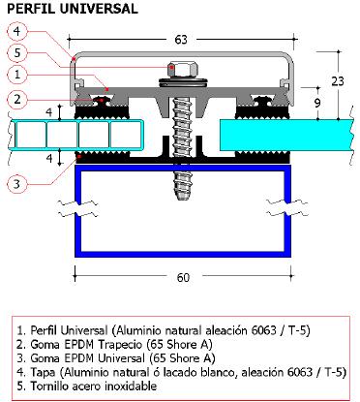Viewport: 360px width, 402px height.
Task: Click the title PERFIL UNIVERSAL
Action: click(x=73, y=9)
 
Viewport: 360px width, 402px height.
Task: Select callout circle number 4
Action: click(x=17, y=31)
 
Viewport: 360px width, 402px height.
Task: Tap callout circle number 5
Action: click(x=17, y=52)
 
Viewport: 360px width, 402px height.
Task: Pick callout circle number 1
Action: click(x=17, y=75)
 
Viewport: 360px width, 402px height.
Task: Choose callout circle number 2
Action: click(x=17, y=99)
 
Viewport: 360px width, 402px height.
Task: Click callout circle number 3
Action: click(x=16, y=184)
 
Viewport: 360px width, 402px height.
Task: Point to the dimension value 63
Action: click(x=181, y=40)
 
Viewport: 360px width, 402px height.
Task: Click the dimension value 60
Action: click(x=183, y=277)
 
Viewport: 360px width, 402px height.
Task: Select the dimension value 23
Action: click(x=338, y=81)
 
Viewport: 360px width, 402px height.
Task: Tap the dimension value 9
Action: click(x=317, y=103)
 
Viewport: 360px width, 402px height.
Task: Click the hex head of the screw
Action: click(x=182, y=70)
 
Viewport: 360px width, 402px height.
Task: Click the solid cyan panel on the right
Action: click(x=287, y=135)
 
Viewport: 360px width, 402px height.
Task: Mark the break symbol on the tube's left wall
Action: click(x=77, y=208)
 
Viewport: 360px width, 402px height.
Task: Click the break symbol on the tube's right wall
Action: click(x=287, y=207)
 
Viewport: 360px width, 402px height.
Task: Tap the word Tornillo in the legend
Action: click(x=49, y=386)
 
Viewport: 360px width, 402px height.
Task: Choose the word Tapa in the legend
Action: click(x=43, y=372)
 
